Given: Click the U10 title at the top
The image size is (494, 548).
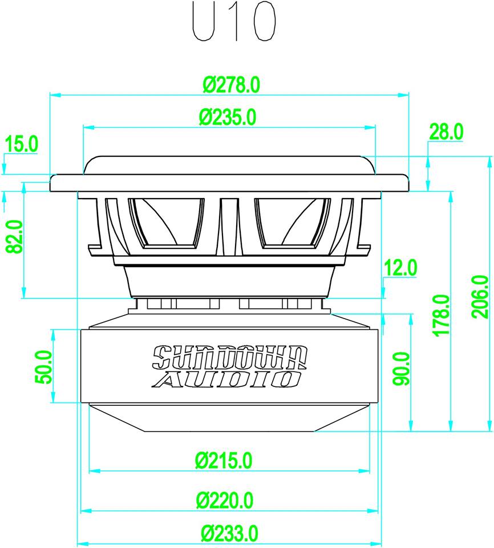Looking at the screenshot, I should click(x=234, y=22).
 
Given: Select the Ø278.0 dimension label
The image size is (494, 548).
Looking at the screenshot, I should click(x=232, y=84).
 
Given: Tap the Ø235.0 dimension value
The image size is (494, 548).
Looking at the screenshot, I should click(x=228, y=118).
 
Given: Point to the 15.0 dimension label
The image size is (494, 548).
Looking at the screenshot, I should click(x=21, y=144).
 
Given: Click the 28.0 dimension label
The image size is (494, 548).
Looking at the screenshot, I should click(x=447, y=132).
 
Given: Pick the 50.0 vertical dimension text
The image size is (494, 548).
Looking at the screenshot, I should click(x=44, y=366).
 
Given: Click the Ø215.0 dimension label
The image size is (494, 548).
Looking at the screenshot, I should click(x=223, y=460).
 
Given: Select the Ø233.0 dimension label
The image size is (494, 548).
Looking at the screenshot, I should click(x=230, y=534).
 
